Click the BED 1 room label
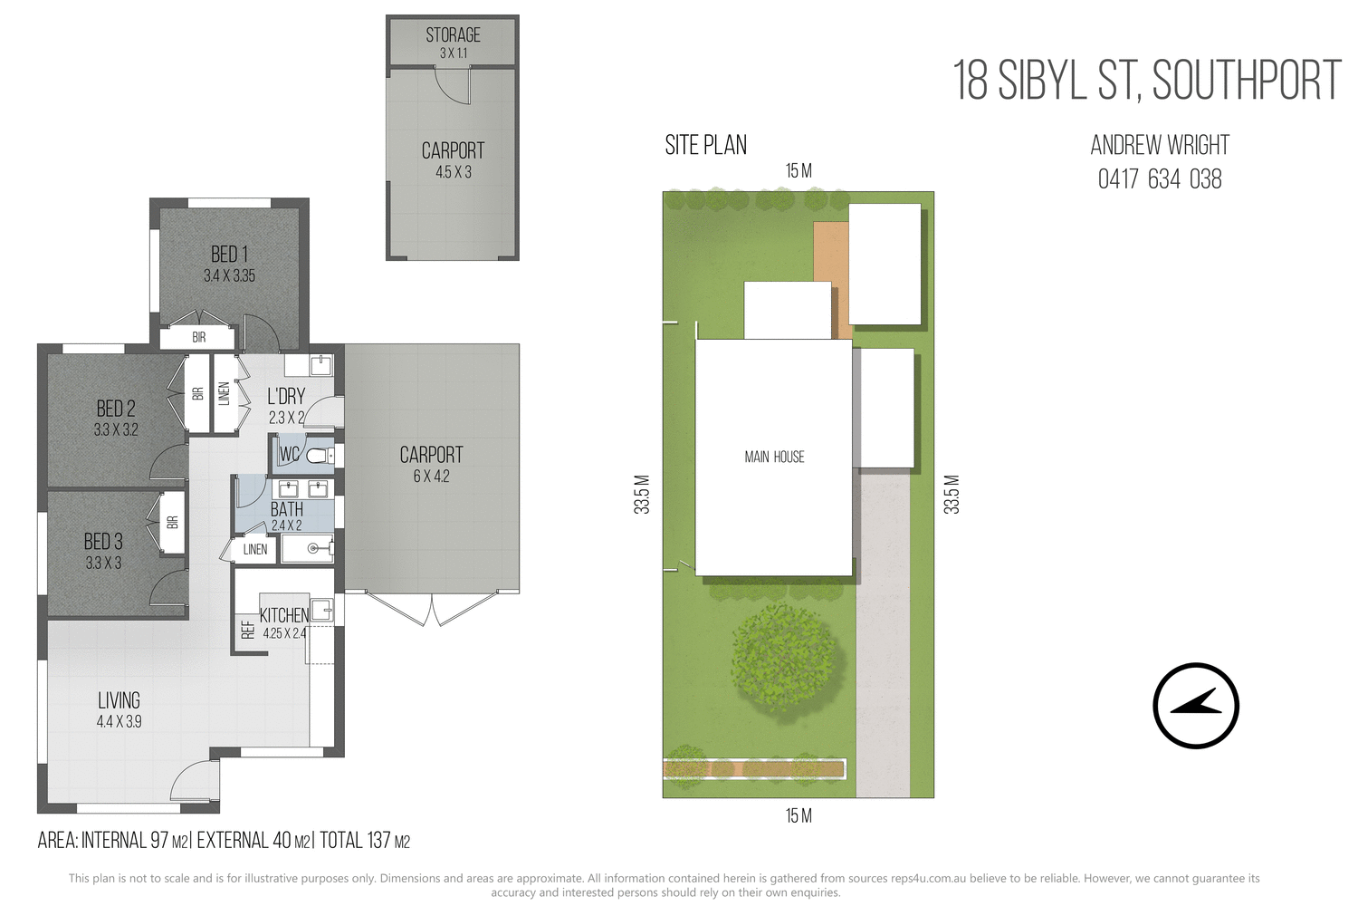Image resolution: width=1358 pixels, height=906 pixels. [x=229, y=255]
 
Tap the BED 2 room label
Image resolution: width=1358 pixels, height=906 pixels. [x=116, y=409]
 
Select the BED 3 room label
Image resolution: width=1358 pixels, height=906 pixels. [x=103, y=542]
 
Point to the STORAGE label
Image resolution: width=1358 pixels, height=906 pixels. [x=453, y=35]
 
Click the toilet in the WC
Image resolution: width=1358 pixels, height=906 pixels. [x=318, y=455]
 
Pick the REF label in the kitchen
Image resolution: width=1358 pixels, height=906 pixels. [x=248, y=630]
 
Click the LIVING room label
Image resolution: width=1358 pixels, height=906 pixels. [x=119, y=700]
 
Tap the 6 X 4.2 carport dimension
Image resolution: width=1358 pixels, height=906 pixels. [x=431, y=477]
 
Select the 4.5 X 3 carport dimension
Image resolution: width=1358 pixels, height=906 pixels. [x=453, y=172]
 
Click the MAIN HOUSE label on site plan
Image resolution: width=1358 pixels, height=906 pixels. [x=774, y=458]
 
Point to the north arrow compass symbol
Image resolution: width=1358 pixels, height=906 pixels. [x=1195, y=706]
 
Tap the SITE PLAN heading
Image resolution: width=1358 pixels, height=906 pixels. [x=705, y=145]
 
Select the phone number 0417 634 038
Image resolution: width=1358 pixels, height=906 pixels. [x=1159, y=179]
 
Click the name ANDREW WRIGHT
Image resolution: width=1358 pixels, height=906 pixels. [x=1159, y=145]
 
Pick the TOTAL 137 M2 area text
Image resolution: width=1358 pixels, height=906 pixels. [x=365, y=841]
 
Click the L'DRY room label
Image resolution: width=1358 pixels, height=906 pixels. [x=286, y=397]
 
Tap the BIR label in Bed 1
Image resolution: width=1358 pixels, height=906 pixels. [x=198, y=337]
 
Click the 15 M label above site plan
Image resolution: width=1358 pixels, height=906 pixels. [x=798, y=171]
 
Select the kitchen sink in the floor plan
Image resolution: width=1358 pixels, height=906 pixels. [x=321, y=609]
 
